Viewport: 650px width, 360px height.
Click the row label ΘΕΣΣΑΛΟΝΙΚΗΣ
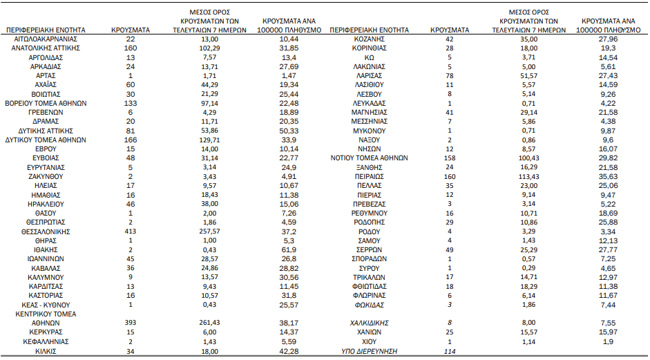[x=46, y=231]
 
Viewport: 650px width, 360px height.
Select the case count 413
[x=131, y=231]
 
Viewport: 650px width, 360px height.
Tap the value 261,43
[x=209, y=323]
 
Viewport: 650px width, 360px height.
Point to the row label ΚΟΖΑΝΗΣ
[x=369, y=39]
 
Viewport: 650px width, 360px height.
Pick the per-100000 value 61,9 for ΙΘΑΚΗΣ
[x=289, y=249]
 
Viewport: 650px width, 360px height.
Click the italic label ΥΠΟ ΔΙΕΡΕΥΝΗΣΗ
[x=369, y=351]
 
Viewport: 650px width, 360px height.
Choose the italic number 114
[x=450, y=351]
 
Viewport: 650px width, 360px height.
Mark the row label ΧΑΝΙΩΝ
[x=369, y=332]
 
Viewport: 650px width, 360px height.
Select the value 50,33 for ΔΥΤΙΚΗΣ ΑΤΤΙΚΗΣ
[x=289, y=131]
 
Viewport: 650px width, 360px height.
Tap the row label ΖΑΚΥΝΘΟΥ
[x=46, y=176]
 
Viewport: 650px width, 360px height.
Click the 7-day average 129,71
[x=209, y=140]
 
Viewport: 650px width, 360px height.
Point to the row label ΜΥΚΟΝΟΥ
[x=369, y=131]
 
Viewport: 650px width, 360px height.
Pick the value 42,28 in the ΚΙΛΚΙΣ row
[x=289, y=351]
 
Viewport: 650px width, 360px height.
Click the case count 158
[x=450, y=158]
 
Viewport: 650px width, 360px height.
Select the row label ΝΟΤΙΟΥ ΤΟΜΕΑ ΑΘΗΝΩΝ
[x=369, y=158]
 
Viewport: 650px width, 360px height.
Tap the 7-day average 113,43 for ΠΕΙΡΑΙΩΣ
[x=528, y=176]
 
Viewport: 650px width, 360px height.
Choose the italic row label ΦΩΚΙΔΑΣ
[x=369, y=305]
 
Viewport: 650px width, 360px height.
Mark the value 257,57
[x=209, y=231]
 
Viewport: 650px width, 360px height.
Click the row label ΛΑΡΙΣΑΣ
[x=369, y=75]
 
